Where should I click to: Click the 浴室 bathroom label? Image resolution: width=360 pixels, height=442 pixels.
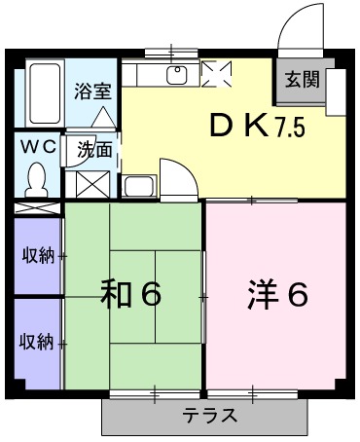tap(93, 92)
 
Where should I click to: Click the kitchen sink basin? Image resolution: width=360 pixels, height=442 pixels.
tap(177, 75)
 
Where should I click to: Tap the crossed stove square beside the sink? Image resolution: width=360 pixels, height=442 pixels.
tap(216, 74)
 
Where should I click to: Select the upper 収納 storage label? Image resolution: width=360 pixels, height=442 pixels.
tap(39, 256)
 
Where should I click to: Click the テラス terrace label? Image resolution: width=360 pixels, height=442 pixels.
tap(209, 417)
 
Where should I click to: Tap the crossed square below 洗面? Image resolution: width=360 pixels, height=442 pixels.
tap(91, 183)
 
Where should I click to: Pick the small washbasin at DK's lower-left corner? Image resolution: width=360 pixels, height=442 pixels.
tap(137, 187)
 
